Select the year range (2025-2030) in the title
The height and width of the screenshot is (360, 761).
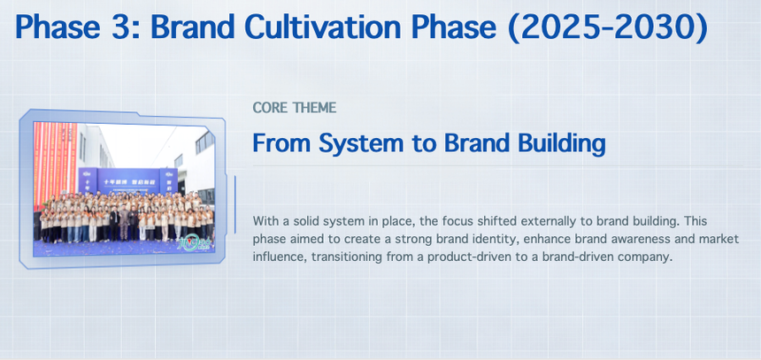(x=608, y=28)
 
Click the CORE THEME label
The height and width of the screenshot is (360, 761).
(x=294, y=108)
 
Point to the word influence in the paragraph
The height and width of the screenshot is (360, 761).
(x=279, y=257)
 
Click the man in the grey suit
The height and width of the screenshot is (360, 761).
(x=123, y=223)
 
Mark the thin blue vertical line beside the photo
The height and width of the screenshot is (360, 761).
(x=234, y=204)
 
